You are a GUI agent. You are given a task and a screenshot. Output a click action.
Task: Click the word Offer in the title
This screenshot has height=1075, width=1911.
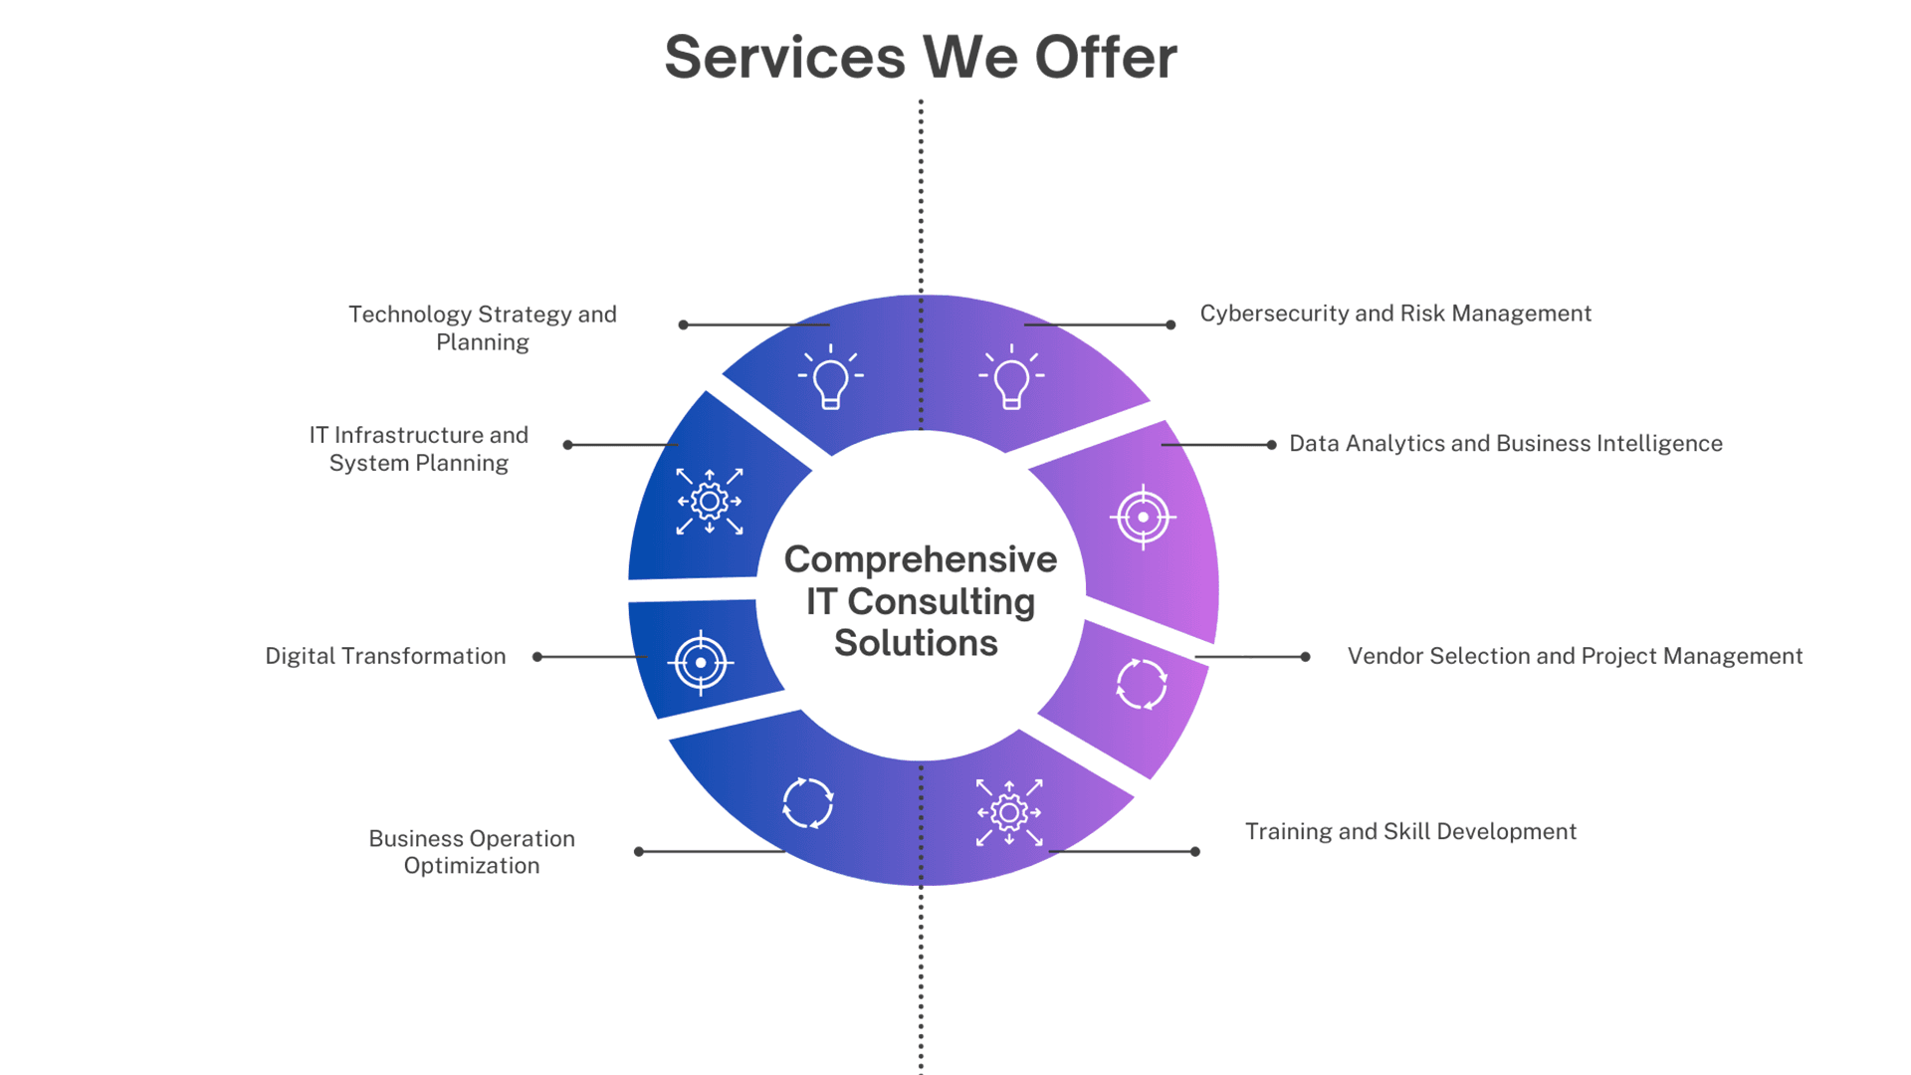1105,57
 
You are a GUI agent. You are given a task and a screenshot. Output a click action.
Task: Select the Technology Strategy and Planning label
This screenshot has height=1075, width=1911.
483,327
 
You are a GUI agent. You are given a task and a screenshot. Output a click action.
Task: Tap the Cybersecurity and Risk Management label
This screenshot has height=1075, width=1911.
1395,314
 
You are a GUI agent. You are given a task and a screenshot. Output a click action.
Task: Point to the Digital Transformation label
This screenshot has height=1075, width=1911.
385,656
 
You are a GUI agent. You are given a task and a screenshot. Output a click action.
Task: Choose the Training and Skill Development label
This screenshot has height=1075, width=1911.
1410,831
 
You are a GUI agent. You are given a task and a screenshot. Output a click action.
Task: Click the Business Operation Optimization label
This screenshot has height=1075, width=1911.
472,852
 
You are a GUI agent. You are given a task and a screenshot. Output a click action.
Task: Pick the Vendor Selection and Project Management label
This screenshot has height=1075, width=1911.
1575,656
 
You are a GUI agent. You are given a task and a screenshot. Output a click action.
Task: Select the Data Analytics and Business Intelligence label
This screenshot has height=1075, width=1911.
1505,443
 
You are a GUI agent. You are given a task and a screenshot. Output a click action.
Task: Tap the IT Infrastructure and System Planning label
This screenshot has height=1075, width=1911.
419,449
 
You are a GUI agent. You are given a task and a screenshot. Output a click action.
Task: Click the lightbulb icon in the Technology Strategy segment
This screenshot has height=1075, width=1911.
830,377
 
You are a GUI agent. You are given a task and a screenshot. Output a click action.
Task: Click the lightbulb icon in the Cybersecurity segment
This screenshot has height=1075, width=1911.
1011,377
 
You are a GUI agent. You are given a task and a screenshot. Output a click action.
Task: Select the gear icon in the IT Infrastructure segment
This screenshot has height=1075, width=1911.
709,502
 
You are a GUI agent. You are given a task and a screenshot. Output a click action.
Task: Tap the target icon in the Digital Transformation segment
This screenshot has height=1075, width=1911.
701,662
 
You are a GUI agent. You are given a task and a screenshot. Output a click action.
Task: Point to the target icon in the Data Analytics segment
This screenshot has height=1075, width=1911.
1143,517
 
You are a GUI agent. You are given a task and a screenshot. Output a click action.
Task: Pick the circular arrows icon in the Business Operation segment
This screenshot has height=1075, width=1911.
807,802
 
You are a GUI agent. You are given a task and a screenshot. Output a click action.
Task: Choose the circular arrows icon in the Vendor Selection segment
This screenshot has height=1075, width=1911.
1142,684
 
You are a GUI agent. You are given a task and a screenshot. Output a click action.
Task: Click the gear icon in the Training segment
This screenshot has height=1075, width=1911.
1009,812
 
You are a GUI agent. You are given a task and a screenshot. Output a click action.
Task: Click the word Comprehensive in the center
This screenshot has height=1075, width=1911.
920,559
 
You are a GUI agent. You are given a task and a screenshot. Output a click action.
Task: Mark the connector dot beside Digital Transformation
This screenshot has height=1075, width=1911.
537,657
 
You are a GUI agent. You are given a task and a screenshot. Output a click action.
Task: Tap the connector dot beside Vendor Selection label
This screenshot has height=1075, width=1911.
1305,657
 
